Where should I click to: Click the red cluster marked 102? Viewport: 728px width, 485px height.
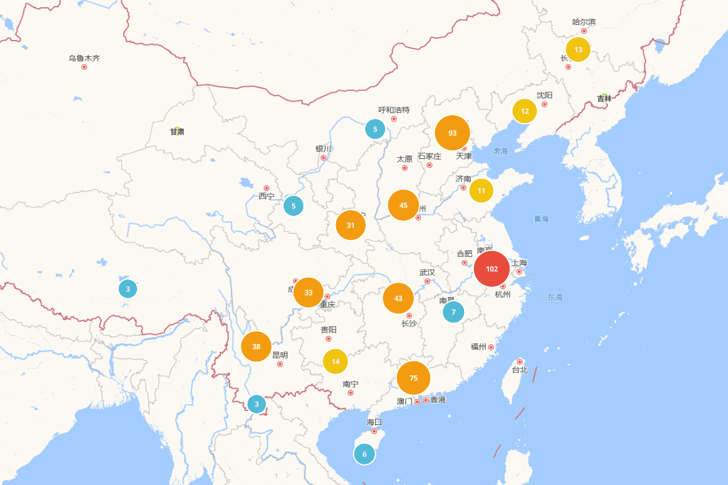tap(492, 269)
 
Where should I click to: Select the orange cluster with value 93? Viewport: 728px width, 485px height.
tap(453, 133)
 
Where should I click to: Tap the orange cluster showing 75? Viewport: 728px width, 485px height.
tap(413, 378)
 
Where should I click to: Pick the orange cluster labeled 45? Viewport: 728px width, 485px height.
tap(403, 205)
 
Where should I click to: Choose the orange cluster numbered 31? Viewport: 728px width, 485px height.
tap(351, 225)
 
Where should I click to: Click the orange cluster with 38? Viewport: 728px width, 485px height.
tap(256, 347)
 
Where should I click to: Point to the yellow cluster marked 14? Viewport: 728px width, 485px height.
tap(335, 361)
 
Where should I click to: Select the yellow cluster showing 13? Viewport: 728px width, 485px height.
tap(578, 50)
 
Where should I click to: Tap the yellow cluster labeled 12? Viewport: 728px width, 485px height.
tap(525, 111)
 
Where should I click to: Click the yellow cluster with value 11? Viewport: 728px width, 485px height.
tap(481, 191)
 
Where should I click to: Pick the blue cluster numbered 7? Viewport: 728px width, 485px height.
tap(453, 312)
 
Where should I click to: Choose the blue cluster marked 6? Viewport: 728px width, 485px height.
tap(365, 454)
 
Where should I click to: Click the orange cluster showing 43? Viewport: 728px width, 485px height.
tap(398, 298)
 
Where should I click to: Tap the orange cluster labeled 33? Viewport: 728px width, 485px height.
tap(308, 292)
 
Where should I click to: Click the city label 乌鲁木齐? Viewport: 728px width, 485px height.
tap(84, 58)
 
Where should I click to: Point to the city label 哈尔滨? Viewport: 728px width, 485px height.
tap(584, 22)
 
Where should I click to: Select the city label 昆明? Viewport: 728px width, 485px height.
tap(280, 355)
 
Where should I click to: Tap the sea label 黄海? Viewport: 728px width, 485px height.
tap(541, 218)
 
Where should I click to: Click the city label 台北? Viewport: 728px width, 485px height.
tap(519, 370)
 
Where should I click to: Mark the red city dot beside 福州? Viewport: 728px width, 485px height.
tap(491, 347)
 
